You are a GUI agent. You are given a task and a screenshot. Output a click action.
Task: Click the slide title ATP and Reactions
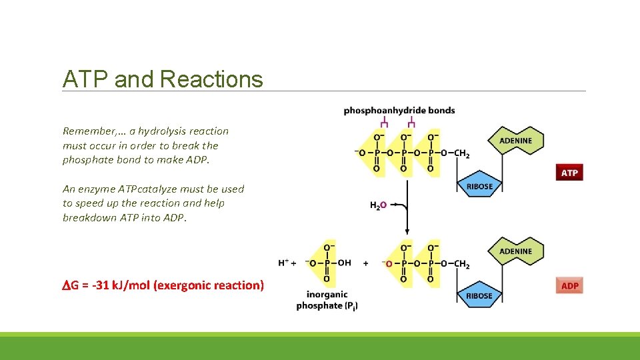(x=163, y=79)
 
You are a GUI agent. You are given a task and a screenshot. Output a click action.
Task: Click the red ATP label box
(x=569, y=173)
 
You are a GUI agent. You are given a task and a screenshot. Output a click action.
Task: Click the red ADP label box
(x=569, y=285)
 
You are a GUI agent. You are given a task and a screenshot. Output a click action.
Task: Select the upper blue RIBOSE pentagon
(x=479, y=186)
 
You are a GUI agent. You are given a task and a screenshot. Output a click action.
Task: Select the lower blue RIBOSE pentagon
(x=479, y=295)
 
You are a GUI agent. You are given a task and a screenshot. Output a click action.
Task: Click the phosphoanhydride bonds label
(x=399, y=110)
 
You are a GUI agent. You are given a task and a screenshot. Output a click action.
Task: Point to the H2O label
(x=377, y=205)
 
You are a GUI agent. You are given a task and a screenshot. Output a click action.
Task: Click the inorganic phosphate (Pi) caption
(x=327, y=300)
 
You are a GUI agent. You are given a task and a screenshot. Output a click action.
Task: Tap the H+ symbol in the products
(x=284, y=263)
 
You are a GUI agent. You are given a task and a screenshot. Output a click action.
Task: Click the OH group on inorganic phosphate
(x=344, y=263)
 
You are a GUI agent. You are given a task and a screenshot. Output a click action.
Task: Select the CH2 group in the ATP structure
(x=461, y=153)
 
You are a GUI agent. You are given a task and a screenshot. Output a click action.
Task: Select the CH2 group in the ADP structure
(x=461, y=264)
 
